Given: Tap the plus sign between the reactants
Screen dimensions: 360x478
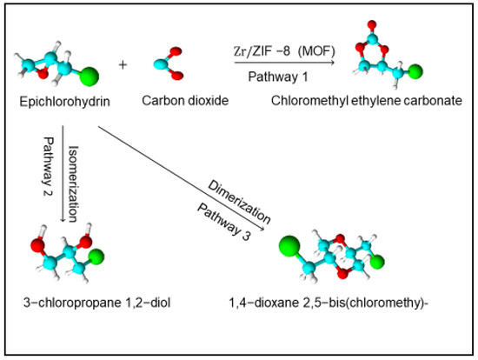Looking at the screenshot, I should [x=123, y=65].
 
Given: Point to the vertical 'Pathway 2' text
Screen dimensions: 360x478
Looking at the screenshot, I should [x=49, y=162].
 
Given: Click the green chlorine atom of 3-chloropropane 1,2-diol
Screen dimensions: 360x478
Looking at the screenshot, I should [x=120, y=256].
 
